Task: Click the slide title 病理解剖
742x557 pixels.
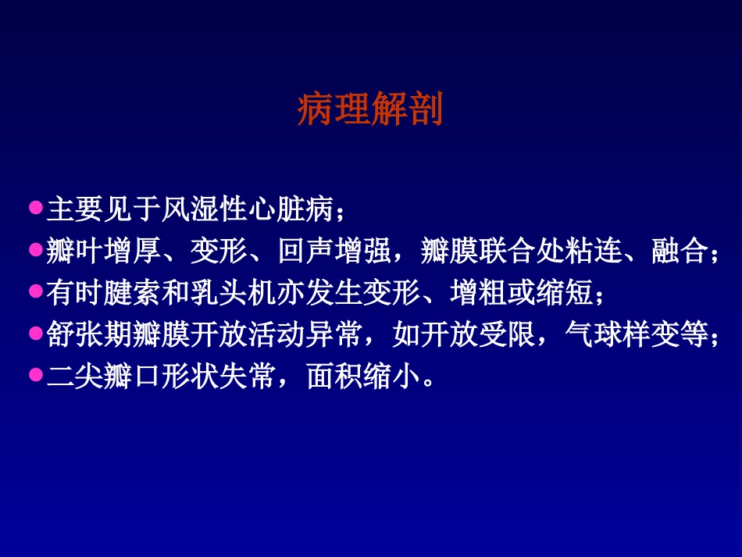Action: [369, 110]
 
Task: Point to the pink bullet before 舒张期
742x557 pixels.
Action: [35, 334]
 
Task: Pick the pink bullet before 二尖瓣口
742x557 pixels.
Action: [35, 376]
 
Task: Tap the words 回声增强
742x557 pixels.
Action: [337, 252]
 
